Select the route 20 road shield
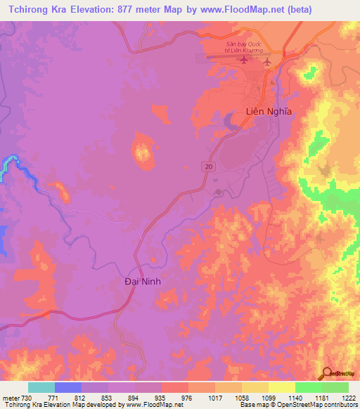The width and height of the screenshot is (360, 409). (x=208, y=165)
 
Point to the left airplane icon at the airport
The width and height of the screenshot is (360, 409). (x=244, y=60)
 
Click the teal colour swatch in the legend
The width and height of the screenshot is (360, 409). (x=41, y=387)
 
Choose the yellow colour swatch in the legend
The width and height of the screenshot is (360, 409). (x=281, y=387)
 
